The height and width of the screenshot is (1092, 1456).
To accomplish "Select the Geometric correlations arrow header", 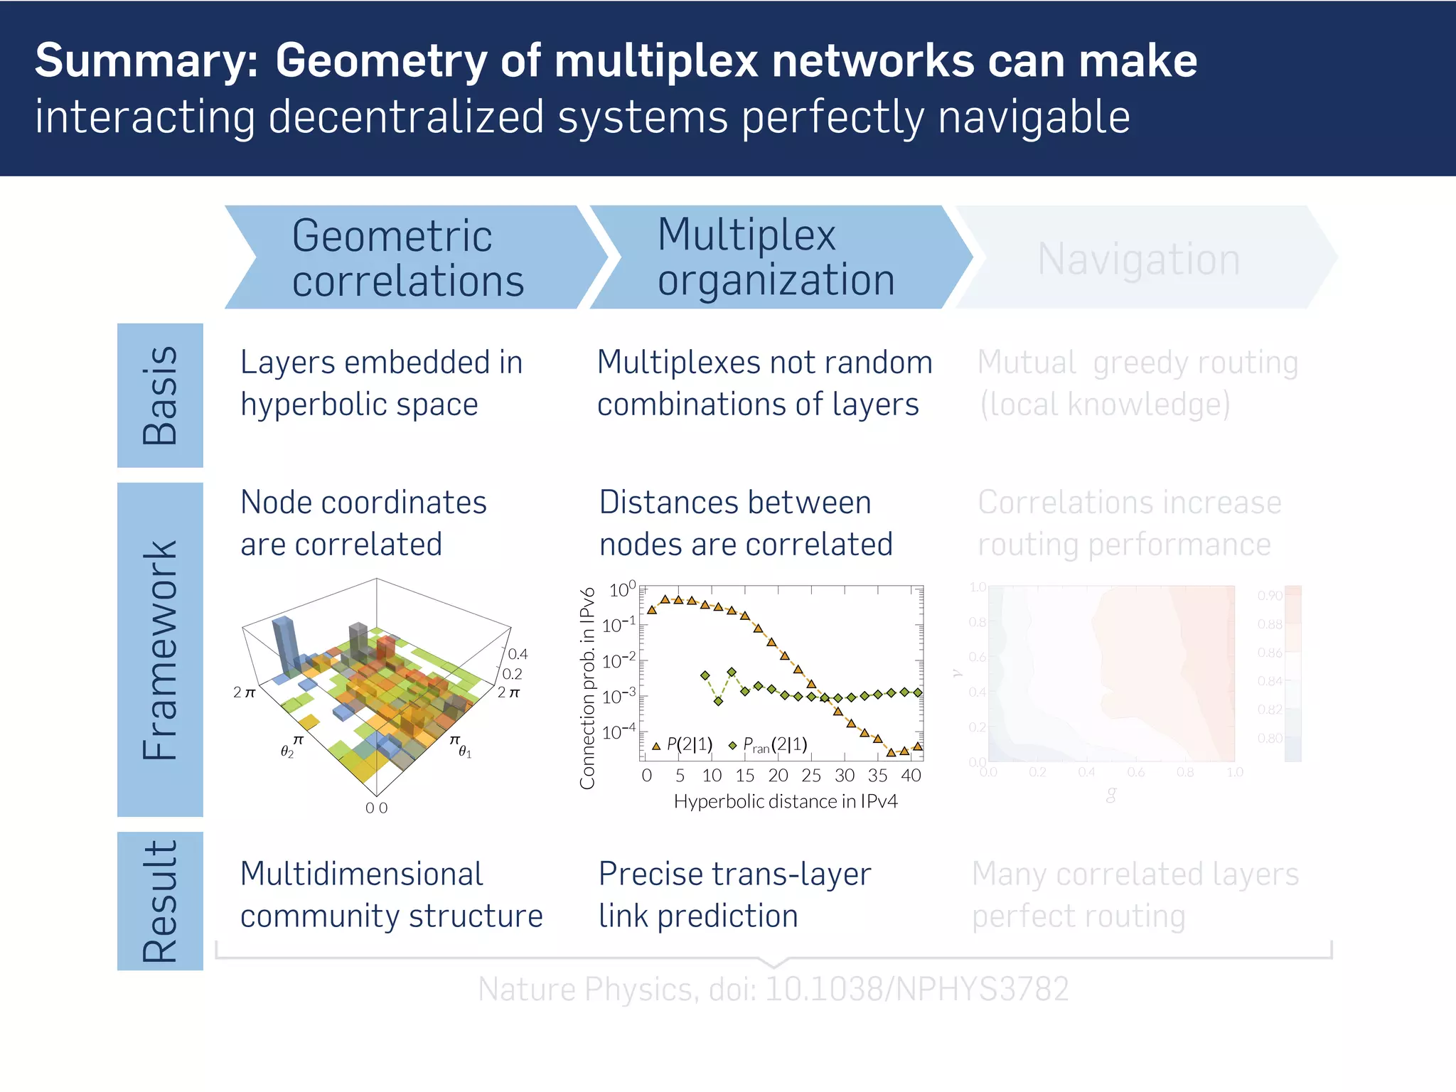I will tap(407, 257).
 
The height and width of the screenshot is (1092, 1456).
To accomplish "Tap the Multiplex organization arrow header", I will tap(775, 257).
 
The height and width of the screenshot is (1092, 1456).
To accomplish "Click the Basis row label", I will tap(160, 395).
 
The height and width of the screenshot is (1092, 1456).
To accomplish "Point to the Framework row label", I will tap(160, 649).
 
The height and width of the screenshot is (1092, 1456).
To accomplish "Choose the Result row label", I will tap(160, 901).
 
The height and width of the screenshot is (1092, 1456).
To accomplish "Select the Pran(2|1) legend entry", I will tap(769, 744).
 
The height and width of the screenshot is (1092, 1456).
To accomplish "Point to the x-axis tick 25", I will tap(810, 776).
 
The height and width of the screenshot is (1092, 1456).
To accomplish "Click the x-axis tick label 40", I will tap(910, 776).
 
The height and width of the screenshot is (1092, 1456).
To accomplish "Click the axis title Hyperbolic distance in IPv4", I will tap(785, 802).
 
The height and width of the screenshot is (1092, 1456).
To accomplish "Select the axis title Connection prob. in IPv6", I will tap(587, 687).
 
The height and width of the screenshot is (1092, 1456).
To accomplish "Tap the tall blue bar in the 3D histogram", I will tap(284, 643).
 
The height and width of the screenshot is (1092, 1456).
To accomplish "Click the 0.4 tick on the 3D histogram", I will tap(518, 654).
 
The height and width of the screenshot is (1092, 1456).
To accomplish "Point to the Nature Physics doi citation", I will tap(773, 989).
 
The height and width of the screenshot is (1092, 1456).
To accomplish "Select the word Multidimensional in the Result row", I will tap(361, 874).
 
